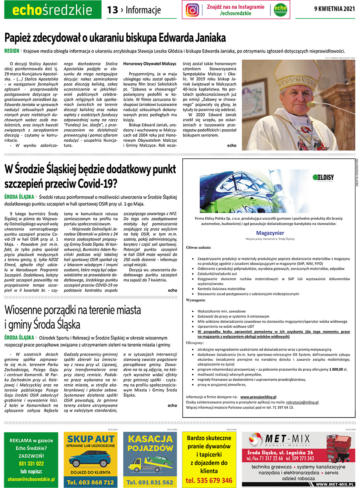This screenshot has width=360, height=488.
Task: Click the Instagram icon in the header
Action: click(x=192, y=10)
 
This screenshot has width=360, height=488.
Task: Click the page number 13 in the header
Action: click(x=112, y=10)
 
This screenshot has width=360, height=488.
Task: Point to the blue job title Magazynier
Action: click(x=270, y=233)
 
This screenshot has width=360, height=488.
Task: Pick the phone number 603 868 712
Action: click(x=92, y=483)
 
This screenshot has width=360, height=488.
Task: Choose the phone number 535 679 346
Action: click(x=209, y=480)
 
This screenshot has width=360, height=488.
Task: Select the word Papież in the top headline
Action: click(x=19, y=38)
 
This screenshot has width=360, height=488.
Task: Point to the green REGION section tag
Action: click(x=12, y=51)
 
